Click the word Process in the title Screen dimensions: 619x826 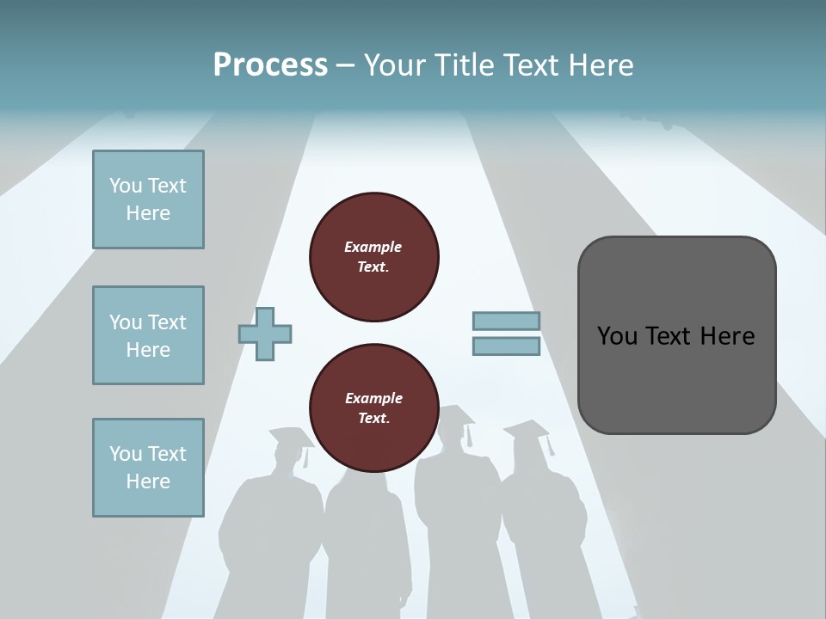(270, 65)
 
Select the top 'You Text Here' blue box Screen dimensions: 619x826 (148, 199)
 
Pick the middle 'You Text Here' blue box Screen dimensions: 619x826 (148, 335)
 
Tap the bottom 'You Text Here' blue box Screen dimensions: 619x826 (148, 468)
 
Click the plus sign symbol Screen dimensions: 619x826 (265, 333)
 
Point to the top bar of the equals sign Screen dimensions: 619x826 (506, 321)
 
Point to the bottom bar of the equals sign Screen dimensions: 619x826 (506, 346)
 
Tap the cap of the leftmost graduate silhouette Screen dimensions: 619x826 (290, 436)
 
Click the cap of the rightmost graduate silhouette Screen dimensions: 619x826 (527, 429)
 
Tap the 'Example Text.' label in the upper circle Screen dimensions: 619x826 (373, 257)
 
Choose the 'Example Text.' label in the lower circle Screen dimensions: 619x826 (373, 408)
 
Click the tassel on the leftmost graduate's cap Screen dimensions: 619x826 (305, 457)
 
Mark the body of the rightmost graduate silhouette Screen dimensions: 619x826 (542, 533)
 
